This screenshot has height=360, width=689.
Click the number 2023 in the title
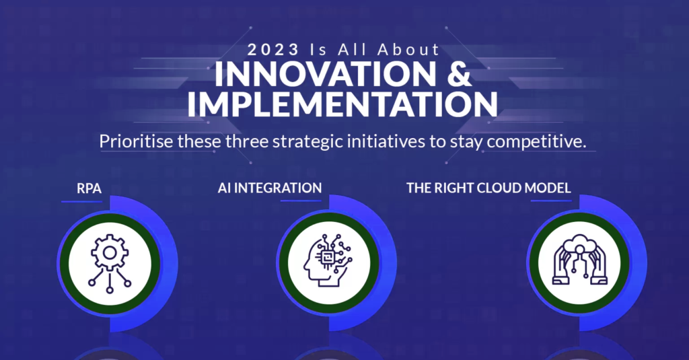click(x=273, y=49)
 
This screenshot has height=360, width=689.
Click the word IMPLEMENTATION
click(x=342, y=104)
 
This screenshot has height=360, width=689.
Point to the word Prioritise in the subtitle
click(x=136, y=141)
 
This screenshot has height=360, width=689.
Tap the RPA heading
click(x=89, y=188)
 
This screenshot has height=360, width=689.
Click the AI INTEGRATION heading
click(x=270, y=188)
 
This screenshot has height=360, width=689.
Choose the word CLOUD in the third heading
click(x=499, y=188)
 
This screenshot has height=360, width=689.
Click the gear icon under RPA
click(x=110, y=263)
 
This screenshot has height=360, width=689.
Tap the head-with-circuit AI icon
click(x=328, y=260)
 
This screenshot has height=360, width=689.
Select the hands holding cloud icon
click(x=579, y=260)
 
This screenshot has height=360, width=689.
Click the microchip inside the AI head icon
click(x=326, y=258)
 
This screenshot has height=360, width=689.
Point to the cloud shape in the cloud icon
click(x=579, y=243)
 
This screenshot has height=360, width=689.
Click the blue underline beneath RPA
click(x=82, y=202)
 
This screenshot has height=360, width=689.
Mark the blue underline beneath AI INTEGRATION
click(x=301, y=201)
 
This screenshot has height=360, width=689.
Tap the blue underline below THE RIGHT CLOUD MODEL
click(x=551, y=201)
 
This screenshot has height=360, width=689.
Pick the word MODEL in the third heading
click(x=548, y=188)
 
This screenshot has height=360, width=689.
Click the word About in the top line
click(x=408, y=49)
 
